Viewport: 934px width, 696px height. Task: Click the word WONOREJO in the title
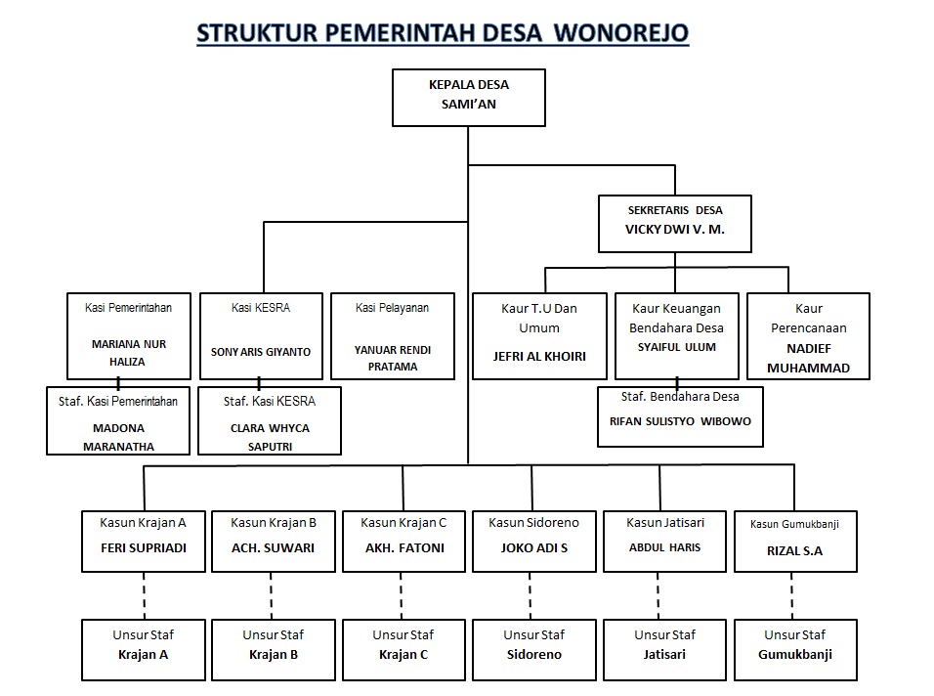[x=621, y=32]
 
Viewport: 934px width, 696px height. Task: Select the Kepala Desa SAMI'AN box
[x=469, y=97]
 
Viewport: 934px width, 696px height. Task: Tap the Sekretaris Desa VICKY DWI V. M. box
[x=674, y=223]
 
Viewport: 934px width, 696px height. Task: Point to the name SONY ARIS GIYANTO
[x=261, y=351]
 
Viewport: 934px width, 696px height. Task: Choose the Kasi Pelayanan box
[x=392, y=335]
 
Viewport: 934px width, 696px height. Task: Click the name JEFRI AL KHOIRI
[x=540, y=357]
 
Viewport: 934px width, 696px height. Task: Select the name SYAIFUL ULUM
[x=676, y=347]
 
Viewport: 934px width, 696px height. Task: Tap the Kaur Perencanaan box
[x=808, y=335]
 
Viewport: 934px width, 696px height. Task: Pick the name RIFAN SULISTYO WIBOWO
[x=680, y=423]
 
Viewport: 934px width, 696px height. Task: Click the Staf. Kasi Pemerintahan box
[x=116, y=421]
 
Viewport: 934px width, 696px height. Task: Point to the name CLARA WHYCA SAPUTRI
[x=269, y=437]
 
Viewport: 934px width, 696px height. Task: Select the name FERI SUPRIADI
[x=143, y=548]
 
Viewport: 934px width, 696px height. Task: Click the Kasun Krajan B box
[x=273, y=540]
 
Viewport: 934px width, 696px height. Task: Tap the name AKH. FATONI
[x=403, y=548]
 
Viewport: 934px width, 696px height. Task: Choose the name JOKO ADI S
[x=532, y=548]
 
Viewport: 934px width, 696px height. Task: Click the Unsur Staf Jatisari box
[x=665, y=648]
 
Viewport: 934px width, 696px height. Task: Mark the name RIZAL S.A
[x=794, y=550]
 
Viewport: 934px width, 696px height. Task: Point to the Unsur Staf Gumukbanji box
[x=794, y=648]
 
